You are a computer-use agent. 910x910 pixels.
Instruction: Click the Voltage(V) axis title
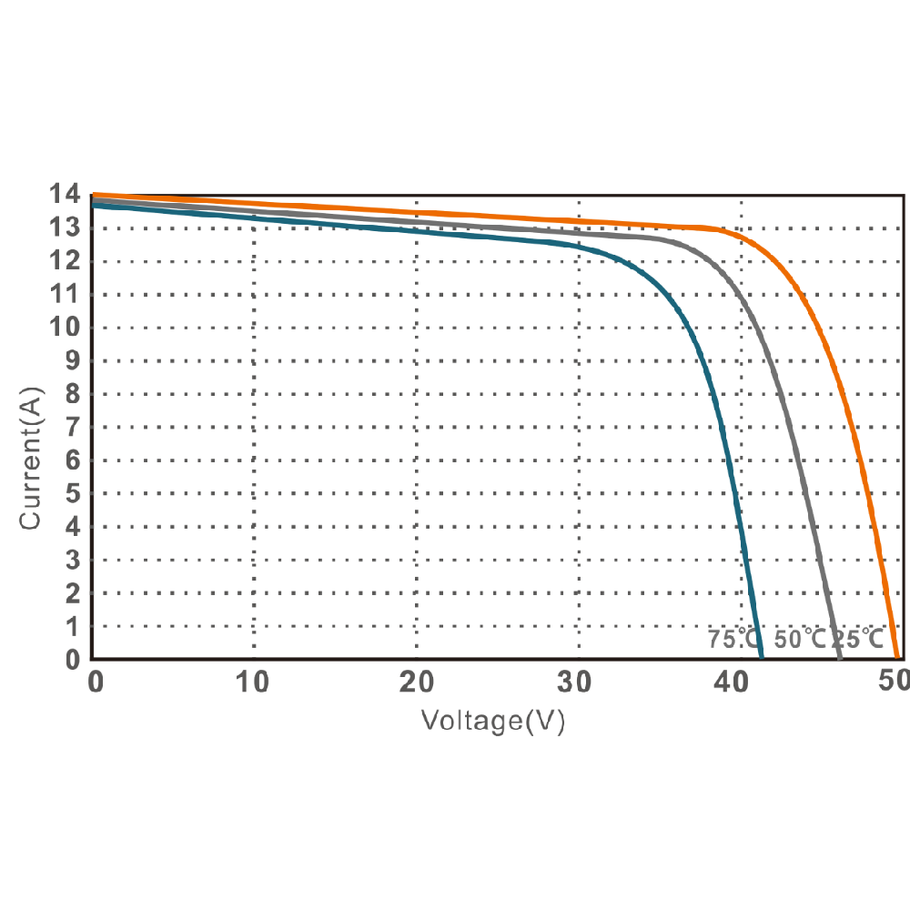(493, 722)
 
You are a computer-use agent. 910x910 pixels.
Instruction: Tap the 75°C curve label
(733, 639)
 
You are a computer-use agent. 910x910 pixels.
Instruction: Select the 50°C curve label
(800, 639)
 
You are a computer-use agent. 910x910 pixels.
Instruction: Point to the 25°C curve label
(856, 639)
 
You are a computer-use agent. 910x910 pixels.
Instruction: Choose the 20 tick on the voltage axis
(416, 682)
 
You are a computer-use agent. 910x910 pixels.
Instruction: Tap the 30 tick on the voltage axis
(579, 682)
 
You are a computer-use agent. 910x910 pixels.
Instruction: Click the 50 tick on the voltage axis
(895, 682)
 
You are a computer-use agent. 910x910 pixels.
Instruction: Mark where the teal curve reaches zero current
(761, 657)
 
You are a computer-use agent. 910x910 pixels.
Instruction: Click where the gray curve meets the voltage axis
(839, 657)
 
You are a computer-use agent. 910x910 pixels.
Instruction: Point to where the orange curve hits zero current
(897, 657)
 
